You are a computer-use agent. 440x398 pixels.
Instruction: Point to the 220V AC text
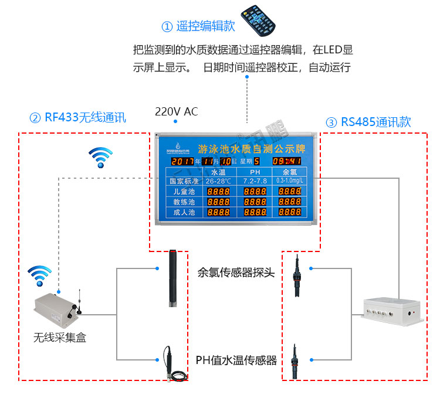pyautogui.click(x=176, y=111)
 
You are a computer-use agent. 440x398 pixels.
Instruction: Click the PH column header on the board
pyautogui.click(x=255, y=172)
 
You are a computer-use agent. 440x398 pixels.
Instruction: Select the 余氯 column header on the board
pyautogui.click(x=290, y=172)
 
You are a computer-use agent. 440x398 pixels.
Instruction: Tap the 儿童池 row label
pyautogui.click(x=184, y=192)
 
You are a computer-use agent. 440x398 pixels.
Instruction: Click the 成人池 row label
pyautogui.click(x=184, y=212)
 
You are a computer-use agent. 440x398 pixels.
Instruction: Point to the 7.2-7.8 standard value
pyautogui.click(x=255, y=181)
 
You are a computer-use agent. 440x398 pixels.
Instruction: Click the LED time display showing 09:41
pyautogui.click(x=287, y=161)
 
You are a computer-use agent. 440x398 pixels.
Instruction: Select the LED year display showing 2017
pyautogui.click(x=184, y=161)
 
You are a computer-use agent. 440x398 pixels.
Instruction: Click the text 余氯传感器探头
pyautogui.click(x=236, y=273)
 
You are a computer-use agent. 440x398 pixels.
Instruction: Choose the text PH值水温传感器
pyautogui.click(x=236, y=359)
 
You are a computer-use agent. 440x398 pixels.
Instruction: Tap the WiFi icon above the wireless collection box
pyautogui.click(x=40, y=275)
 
